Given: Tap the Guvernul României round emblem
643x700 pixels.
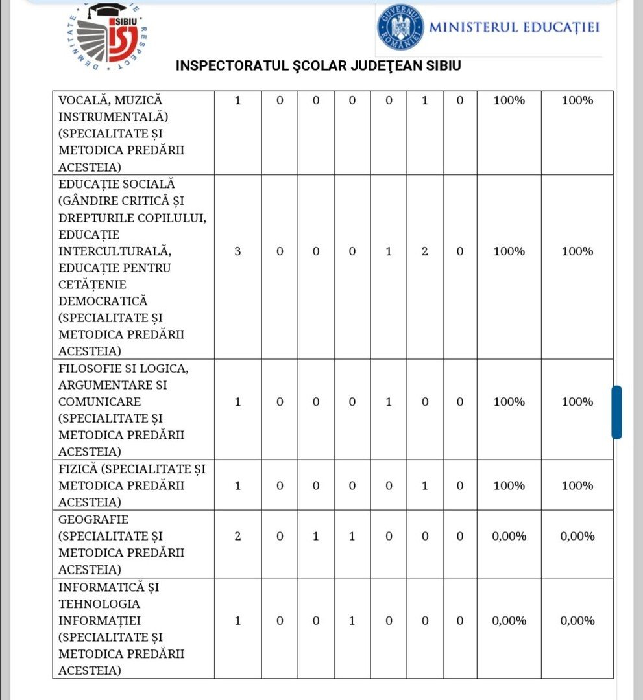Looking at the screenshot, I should (400, 27).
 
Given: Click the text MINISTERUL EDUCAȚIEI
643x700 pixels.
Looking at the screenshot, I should (514, 27).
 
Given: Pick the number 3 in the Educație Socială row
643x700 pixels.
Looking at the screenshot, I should (237, 251).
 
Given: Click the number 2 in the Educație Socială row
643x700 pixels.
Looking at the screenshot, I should (424, 251).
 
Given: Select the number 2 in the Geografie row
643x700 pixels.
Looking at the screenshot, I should (237, 537).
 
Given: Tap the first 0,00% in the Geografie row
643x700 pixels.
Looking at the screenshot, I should (509, 537).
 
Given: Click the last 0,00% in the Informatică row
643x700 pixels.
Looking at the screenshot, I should (577, 621).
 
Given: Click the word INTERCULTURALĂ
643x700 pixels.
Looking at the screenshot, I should (114, 251).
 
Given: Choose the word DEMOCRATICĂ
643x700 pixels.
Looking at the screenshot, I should (103, 301).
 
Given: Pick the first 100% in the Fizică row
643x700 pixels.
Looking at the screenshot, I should (509, 485).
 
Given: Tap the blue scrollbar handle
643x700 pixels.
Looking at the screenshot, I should (616, 412).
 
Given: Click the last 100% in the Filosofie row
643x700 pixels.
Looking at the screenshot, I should (577, 402).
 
